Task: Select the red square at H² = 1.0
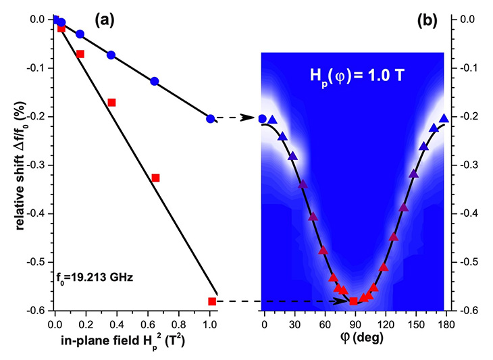pos(212,301)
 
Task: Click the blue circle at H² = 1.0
pos(211,119)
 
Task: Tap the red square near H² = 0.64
pos(155,178)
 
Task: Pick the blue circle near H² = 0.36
pos(111,55)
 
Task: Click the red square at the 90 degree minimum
pos(353,301)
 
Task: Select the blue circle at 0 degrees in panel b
pos(263,119)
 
